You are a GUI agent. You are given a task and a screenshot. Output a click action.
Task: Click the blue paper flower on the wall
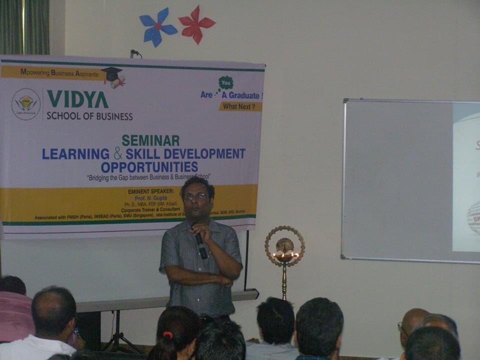click(157, 26)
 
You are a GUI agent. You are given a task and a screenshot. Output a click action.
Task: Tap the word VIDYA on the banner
click(77, 99)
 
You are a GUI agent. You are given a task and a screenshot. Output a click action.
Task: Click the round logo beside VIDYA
click(26, 104)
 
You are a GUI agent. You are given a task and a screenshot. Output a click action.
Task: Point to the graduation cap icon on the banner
click(113, 76)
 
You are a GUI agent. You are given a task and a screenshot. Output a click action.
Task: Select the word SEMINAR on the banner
click(150, 140)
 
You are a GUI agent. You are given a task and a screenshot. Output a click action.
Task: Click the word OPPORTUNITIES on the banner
click(149, 167)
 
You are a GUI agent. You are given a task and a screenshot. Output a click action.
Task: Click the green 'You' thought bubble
click(226, 83)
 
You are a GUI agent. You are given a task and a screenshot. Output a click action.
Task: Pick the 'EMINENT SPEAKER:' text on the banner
click(150, 191)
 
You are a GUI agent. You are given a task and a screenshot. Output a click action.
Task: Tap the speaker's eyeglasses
click(194, 197)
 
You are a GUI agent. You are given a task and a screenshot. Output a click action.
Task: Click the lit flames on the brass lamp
click(285, 255)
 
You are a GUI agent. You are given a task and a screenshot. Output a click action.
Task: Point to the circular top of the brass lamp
click(284, 244)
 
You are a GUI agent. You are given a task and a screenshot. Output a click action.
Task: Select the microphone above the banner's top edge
click(135, 52)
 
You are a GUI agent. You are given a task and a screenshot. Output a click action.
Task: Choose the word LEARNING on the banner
click(75, 154)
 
